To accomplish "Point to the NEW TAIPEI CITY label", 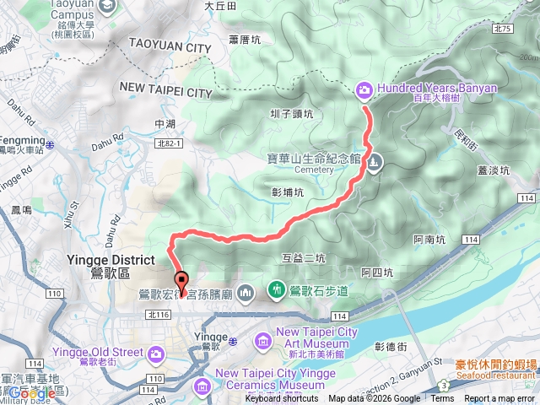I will pos(165,90).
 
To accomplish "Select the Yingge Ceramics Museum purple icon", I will pos(203,386).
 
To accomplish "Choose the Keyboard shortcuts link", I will pos(282,398).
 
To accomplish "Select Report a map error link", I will pos(499,398).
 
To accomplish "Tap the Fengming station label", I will pos(22,140).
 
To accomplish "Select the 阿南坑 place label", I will pos(430,240).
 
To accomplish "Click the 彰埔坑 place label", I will pos(287,192).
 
